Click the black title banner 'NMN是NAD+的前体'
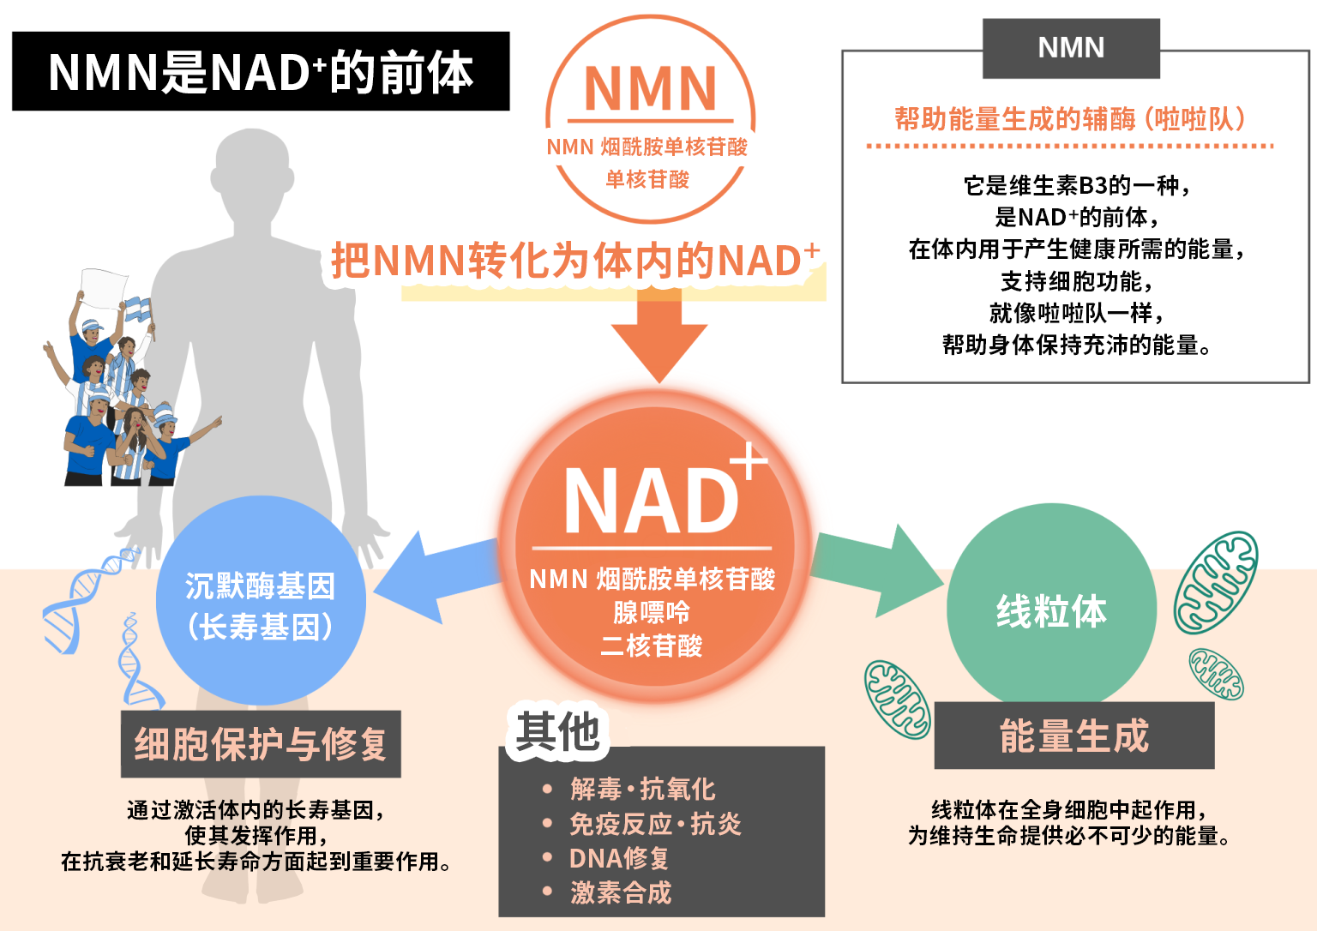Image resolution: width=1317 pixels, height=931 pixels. pyautogui.click(x=261, y=72)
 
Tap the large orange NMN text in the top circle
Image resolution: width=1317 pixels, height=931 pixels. pyautogui.click(x=650, y=89)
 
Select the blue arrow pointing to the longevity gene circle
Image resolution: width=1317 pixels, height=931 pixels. pyautogui.click(x=429, y=576)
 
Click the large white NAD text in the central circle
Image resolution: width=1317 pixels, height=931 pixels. pyautogui.click(x=651, y=502)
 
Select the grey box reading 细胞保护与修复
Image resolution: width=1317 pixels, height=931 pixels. pyautogui.click(x=261, y=744)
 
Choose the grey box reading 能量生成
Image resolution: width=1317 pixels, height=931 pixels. pyautogui.click(x=1073, y=736)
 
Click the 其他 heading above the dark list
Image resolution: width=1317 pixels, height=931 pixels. pyautogui.click(x=557, y=733)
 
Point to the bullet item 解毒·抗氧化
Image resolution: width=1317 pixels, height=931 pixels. pyautogui.click(x=642, y=789)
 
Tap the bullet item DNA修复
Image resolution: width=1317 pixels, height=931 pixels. pyautogui.click(x=618, y=858)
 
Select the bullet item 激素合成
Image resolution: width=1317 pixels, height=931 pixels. pyautogui.click(x=621, y=892)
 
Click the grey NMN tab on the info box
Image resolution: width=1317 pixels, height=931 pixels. pyautogui.click(x=1071, y=48)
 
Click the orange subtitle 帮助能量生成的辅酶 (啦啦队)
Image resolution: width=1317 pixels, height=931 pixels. pyautogui.click(x=1070, y=119)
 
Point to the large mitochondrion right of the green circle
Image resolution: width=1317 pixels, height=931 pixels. pyautogui.click(x=1216, y=582)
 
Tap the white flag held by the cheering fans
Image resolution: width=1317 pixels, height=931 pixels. pyautogui.click(x=103, y=287)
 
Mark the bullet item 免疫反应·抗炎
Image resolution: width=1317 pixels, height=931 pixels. pyautogui.click(x=655, y=824)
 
